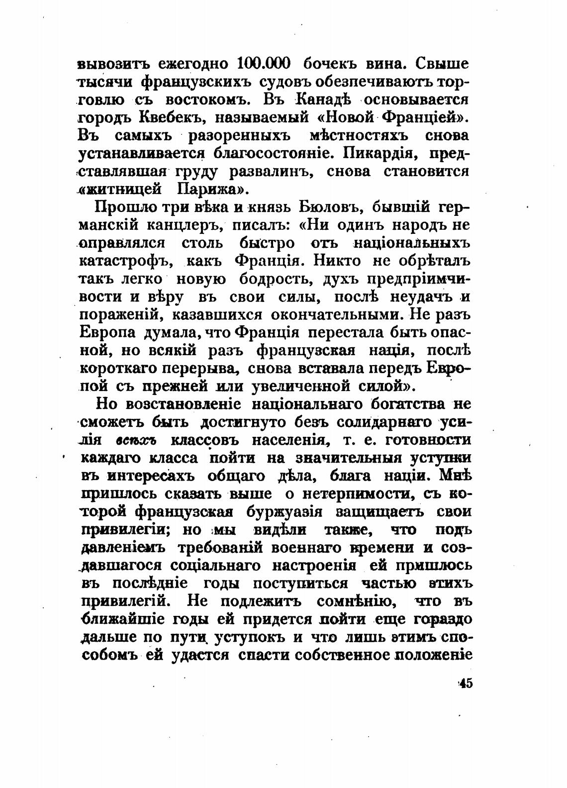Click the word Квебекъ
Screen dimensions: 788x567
click(x=167, y=118)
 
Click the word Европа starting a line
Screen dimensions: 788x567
click(x=107, y=332)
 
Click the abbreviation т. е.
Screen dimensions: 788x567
click(x=355, y=440)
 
